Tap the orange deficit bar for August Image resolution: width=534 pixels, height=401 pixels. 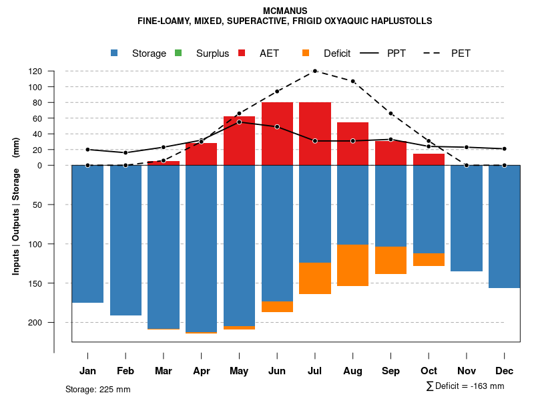click(x=352, y=265)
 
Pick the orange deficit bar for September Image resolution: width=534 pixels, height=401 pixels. click(x=390, y=260)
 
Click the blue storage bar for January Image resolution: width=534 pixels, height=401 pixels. click(x=87, y=234)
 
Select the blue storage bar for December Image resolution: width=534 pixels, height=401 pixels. click(x=504, y=227)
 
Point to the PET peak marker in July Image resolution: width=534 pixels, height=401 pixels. click(x=314, y=71)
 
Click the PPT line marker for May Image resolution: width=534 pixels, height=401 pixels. click(x=239, y=122)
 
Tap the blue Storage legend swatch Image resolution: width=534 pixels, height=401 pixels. click(x=115, y=53)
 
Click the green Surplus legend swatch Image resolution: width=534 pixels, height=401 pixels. click(x=178, y=53)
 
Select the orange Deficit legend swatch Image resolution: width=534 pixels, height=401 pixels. click(x=306, y=53)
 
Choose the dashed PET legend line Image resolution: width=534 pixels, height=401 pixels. click(x=435, y=53)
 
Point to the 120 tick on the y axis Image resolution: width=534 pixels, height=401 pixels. click(x=54, y=71)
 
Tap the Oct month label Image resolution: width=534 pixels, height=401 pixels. click(x=429, y=371)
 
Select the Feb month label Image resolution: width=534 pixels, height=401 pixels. click(x=125, y=371)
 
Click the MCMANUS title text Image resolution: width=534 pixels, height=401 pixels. click(x=285, y=11)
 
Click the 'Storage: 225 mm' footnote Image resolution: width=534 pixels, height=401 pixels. click(x=98, y=389)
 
